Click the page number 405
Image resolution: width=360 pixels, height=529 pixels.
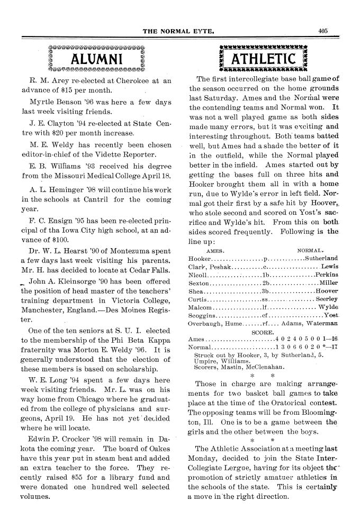324,31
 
